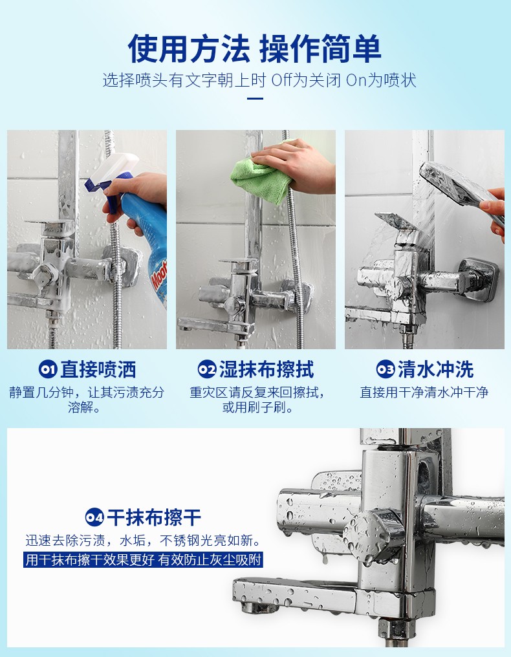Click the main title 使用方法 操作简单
pos(255,49)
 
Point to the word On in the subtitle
pos(358,81)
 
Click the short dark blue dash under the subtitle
pos(255,99)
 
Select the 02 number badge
pos(206,370)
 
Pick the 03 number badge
pos(386,370)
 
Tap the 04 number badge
pos(94,517)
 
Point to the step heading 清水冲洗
pos(435,370)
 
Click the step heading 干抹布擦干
pos(154,517)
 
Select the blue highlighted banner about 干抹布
pos(143,560)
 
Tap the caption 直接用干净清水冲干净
pos(424,393)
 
